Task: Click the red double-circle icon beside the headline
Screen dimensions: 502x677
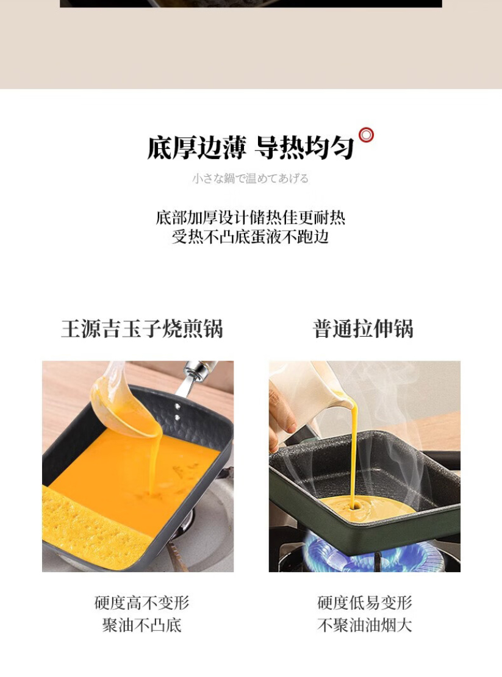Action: click(366, 135)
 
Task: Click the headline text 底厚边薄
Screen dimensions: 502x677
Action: click(197, 148)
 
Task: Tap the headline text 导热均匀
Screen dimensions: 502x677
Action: click(304, 148)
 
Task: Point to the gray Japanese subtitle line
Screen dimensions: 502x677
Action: click(250, 178)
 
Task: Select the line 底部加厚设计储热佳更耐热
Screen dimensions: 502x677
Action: click(250, 218)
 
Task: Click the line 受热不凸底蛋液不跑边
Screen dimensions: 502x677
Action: click(250, 237)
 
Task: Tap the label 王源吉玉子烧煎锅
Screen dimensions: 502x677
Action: click(142, 329)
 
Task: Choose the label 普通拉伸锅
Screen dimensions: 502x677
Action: click(363, 329)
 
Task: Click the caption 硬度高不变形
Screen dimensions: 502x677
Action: click(142, 603)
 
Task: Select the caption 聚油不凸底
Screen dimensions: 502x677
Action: click(142, 625)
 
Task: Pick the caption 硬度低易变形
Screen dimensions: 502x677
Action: click(365, 603)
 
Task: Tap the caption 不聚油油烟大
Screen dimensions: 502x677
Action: click(365, 625)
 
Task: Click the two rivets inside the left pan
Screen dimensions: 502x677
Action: click(177, 412)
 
